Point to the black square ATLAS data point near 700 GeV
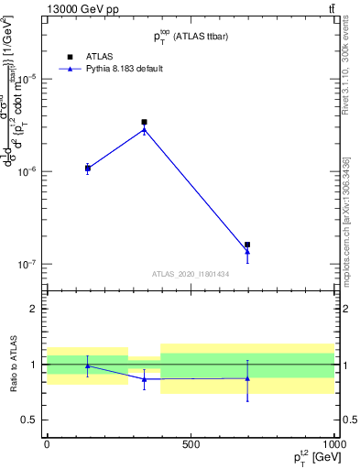[x=247, y=245]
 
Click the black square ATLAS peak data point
[x=144, y=122]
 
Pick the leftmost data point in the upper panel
[x=88, y=169]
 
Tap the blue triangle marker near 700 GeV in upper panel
[x=247, y=251]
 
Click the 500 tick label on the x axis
[x=191, y=443]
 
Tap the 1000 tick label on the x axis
[x=333, y=443]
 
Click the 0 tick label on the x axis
[x=47, y=443]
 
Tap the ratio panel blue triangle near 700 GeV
[x=247, y=378]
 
